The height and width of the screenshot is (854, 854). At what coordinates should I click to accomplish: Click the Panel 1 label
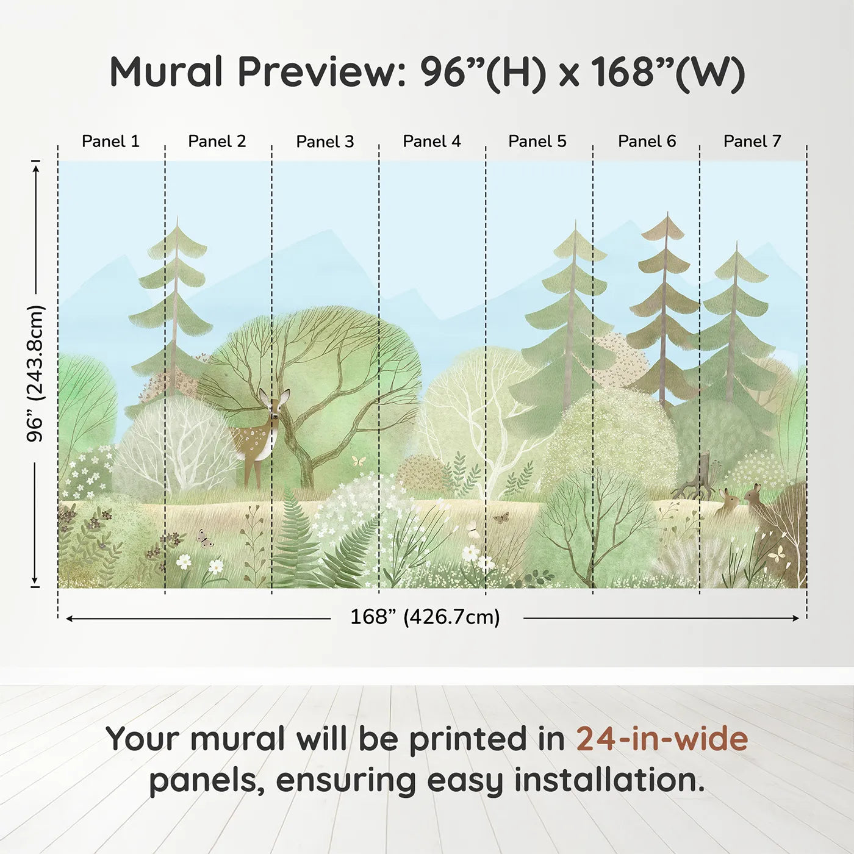(110, 142)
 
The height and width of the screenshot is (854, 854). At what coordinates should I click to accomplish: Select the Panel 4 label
(432, 142)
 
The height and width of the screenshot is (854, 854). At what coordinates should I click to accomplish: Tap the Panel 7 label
(752, 142)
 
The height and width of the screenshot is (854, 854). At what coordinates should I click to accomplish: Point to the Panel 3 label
(325, 142)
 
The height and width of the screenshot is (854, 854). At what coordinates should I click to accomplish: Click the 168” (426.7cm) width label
(425, 617)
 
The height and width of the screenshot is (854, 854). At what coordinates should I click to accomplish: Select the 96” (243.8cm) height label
(35, 373)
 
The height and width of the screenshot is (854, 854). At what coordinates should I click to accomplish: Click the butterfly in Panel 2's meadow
(205, 537)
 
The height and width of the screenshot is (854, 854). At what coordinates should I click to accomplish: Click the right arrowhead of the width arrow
(796, 618)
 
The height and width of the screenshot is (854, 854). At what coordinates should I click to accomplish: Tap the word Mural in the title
(167, 72)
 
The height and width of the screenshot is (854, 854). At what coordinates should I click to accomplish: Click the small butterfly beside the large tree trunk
(359, 461)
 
